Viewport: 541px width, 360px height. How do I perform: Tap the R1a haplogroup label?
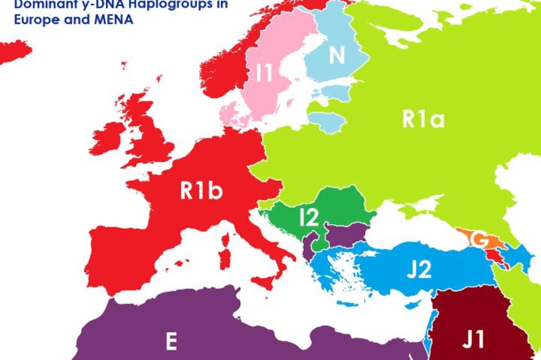(423, 119)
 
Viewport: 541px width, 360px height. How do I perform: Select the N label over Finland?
(337, 56)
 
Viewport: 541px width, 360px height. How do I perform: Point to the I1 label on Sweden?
(265, 74)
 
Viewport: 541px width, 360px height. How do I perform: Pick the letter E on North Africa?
(171, 342)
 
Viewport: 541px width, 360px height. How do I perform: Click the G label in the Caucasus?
(477, 238)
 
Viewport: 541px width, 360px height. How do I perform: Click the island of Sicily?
(266, 281)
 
